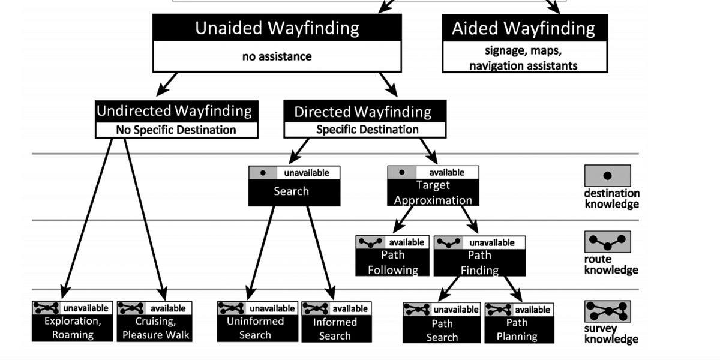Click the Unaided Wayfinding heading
277,28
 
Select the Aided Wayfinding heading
524,28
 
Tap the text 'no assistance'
277,57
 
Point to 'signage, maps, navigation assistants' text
524,58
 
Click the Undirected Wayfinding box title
175,111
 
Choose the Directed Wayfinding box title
362,112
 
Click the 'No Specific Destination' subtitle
176,130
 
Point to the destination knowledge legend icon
607,176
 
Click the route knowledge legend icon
607,242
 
